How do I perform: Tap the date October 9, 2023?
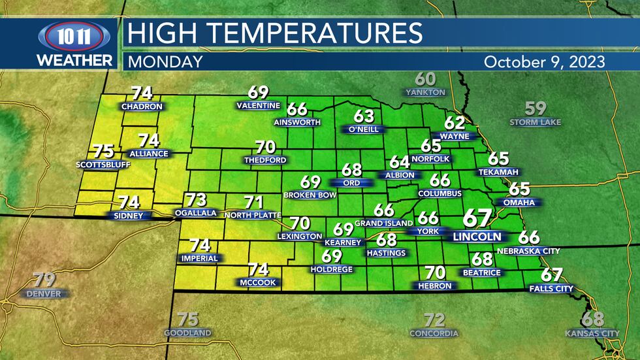coord(544,62)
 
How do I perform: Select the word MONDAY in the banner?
coord(165,62)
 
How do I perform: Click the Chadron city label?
coord(142,106)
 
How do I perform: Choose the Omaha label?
coord(519,203)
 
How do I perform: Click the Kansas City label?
coord(592,333)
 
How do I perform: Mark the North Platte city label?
coord(253,215)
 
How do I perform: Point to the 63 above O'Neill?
coord(364,116)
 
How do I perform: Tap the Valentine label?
coord(259,106)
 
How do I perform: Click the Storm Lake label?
coord(535,122)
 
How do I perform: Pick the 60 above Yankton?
coord(424,79)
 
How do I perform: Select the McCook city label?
coord(258,282)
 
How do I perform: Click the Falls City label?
coord(552,288)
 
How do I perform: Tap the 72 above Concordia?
coord(434,319)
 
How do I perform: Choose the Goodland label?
coord(187,333)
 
